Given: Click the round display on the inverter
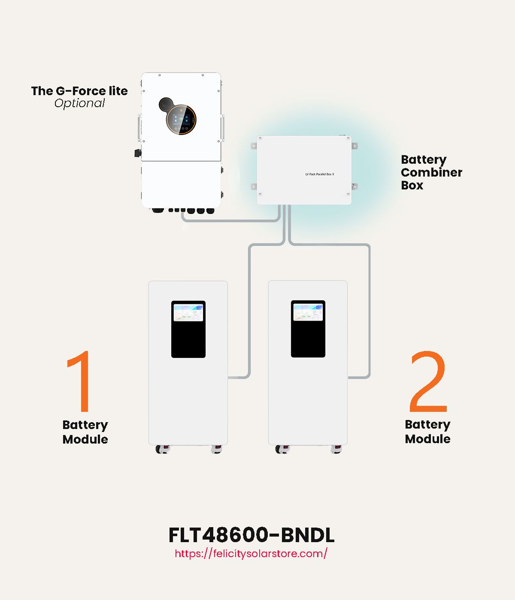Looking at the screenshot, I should coord(182,120).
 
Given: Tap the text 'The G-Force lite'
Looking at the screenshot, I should coord(79,91).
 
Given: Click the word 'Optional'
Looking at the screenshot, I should coord(79,103).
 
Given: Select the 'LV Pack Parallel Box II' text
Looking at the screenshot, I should coord(319,174).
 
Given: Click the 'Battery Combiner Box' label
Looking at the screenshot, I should coord(431,172).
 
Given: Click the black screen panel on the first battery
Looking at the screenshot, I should coord(188,339).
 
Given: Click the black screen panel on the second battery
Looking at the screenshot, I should coord(308,339).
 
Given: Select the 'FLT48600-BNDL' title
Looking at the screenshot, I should coord(251,535).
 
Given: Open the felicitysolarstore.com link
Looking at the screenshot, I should coord(251,553).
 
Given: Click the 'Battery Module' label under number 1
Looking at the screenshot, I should coord(85,432).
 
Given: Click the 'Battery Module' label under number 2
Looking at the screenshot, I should coord(427,432).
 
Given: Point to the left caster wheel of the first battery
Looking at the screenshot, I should coord(162,449).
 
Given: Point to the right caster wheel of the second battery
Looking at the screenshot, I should coord(336,449).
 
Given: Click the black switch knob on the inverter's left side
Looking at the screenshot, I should coord(138,153).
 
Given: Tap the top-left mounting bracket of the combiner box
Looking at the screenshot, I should coord(254,146).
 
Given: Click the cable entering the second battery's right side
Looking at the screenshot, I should coord(359,378).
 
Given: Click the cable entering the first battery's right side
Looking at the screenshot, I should coord(239,378).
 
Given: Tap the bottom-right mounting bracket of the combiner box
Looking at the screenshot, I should coord(354,186).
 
